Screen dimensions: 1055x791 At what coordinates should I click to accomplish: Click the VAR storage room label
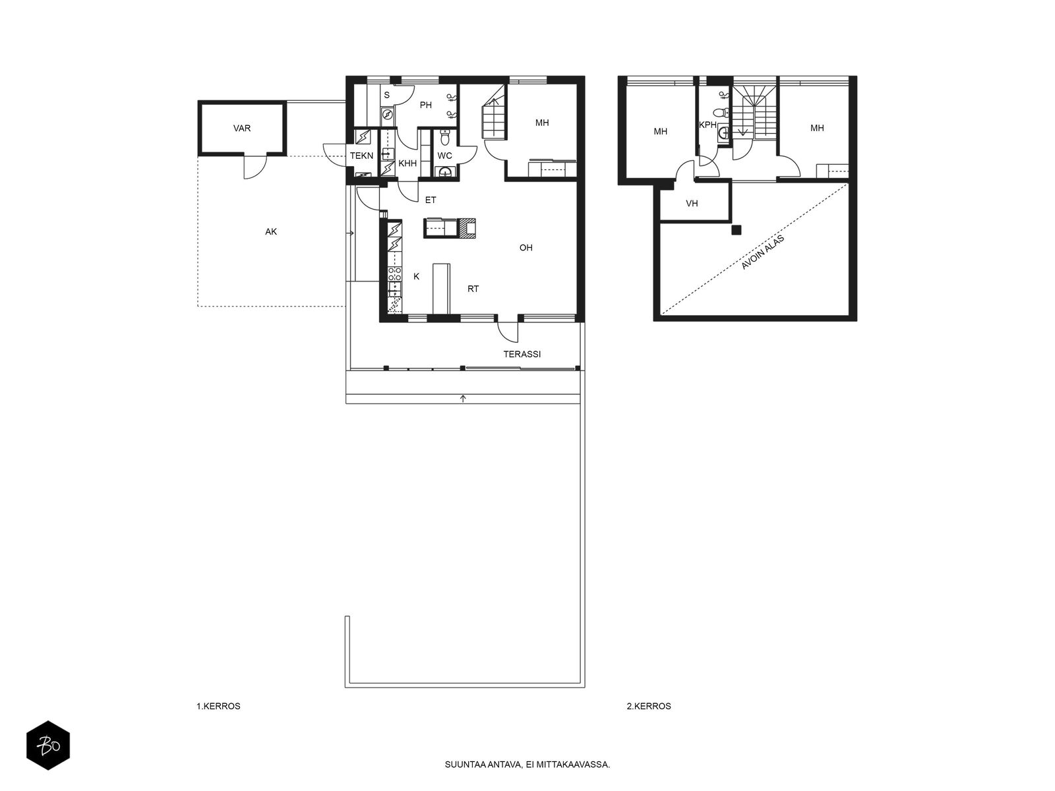point(242,129)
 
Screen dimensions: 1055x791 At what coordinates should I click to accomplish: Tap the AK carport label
point(271,232)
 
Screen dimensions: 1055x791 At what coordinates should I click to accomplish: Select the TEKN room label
point(361,156)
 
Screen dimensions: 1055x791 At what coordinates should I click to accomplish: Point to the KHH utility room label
point(407,163)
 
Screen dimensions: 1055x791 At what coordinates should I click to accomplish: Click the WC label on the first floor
point(444,156)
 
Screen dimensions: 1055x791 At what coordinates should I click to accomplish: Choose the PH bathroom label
point(426,105)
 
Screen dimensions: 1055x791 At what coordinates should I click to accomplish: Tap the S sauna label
point(387,95)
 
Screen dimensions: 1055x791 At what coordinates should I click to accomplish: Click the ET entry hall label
point(431,200)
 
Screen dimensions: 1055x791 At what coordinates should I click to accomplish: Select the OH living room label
point(526,248)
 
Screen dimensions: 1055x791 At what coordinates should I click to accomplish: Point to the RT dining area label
point(473,289)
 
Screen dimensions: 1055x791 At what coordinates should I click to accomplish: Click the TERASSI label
point(522,355)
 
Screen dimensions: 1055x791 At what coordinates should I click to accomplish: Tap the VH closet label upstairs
point(692,204)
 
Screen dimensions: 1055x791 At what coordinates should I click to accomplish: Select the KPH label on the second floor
point(708,125)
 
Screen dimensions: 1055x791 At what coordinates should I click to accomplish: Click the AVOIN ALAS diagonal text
point(763,252)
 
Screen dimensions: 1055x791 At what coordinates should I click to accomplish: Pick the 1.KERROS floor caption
point(218,706)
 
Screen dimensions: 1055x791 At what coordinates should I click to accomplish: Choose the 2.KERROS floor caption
point(649,706)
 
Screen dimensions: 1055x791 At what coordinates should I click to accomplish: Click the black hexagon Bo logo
point(48,746)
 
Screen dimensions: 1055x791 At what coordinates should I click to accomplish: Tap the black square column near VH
point(737,230)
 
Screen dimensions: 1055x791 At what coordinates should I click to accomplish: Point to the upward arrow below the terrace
point(463,398)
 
